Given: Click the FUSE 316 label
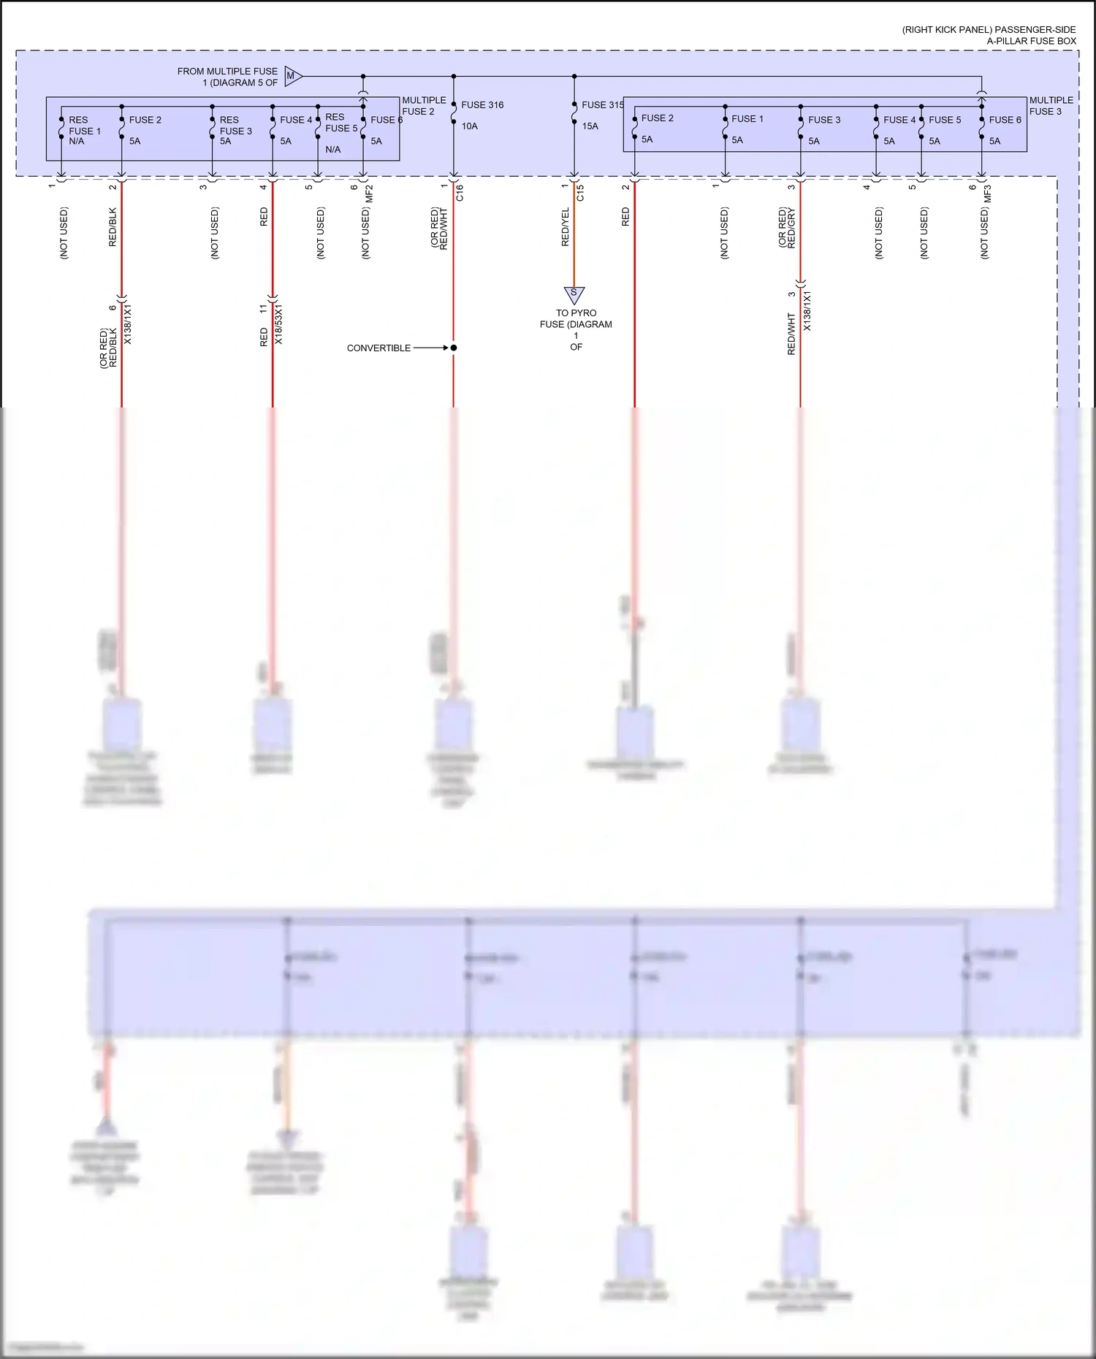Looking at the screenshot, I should click(482, 105).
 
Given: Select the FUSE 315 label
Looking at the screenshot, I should click(602, 105).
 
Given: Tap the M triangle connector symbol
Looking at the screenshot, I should click(292, 76).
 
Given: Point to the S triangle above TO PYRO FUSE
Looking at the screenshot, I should click(574, 294).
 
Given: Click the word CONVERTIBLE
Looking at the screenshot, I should click(378, 348).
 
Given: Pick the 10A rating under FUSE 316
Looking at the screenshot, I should click(469, 126).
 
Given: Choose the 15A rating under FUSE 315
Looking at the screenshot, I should click(590, 126).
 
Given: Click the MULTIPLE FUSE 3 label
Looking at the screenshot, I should click(1051, 106).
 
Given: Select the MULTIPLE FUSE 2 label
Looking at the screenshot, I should click(424, 106).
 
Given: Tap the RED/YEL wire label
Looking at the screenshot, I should click(565, 227).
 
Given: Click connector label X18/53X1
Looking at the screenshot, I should click(278, 324).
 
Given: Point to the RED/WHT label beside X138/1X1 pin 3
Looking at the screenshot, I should click(791, 334).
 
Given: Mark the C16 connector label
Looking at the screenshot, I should click(460, 193).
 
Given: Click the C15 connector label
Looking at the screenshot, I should click(580, 193).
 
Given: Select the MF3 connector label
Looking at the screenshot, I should click(988, 194).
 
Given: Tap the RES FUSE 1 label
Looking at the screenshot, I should click(83, 126).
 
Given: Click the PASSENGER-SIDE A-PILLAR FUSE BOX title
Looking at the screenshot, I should click(989, 35).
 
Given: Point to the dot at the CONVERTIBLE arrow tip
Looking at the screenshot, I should click(454, 348).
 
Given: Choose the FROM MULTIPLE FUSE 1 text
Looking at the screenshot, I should click(227, 77).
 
